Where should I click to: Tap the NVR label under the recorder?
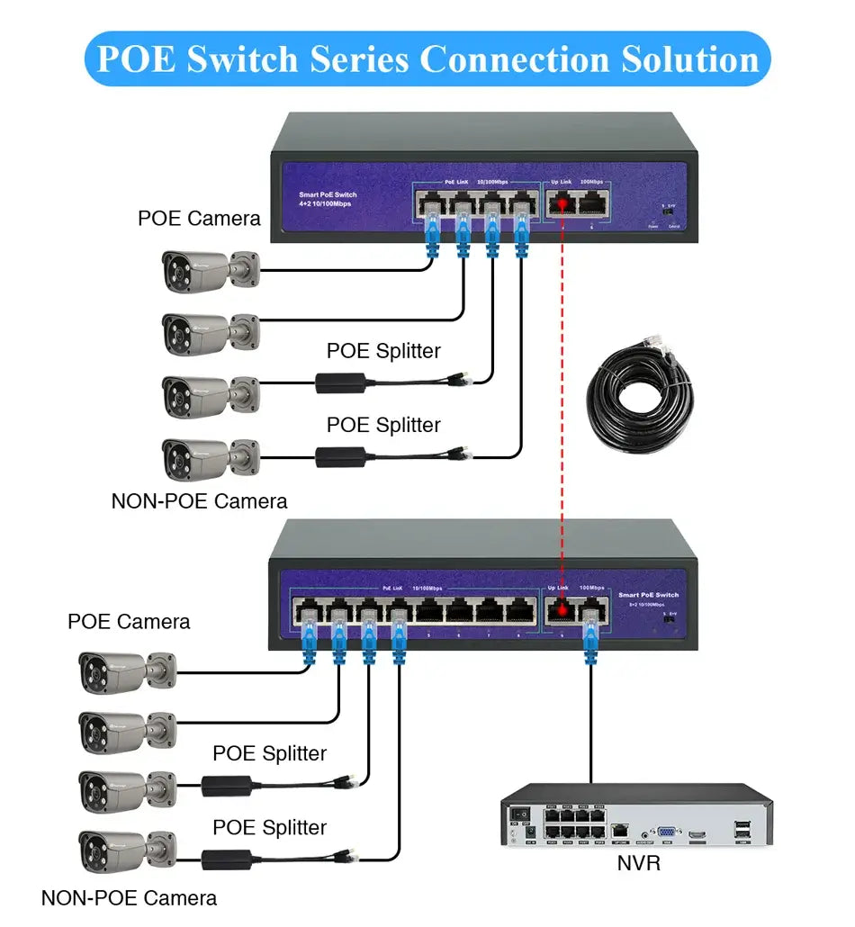[640, 863]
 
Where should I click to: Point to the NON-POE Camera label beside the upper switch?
[199, 501]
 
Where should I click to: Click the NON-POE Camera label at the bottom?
[129, 897]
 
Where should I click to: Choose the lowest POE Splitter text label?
[269, 827]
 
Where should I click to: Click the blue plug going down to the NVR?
[591, 641]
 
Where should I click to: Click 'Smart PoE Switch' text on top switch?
[328, 194]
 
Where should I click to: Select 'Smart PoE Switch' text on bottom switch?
[648, 595]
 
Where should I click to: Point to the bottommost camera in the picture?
[126, 850]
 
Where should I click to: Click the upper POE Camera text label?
[199, 218]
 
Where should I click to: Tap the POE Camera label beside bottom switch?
[129, 622]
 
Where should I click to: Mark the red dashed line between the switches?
[562, 405]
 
